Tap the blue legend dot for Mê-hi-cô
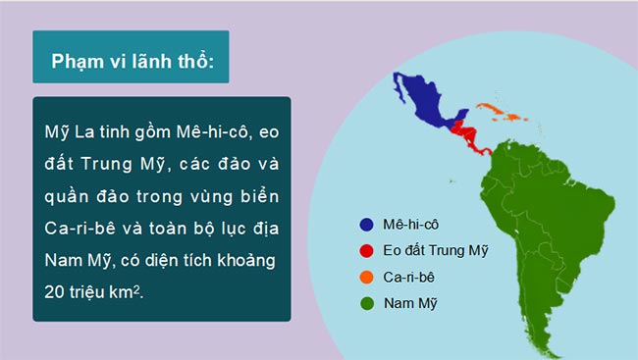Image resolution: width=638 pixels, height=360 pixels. (x=366, y=225)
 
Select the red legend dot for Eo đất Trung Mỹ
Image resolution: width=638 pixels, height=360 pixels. (x=366, y=251)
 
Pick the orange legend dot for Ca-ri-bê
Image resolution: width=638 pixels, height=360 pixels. (x=366, y=278)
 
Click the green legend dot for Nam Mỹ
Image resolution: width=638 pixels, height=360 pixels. (x=366, y=304)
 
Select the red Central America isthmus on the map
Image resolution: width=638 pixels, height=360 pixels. (x=467, y=134)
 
